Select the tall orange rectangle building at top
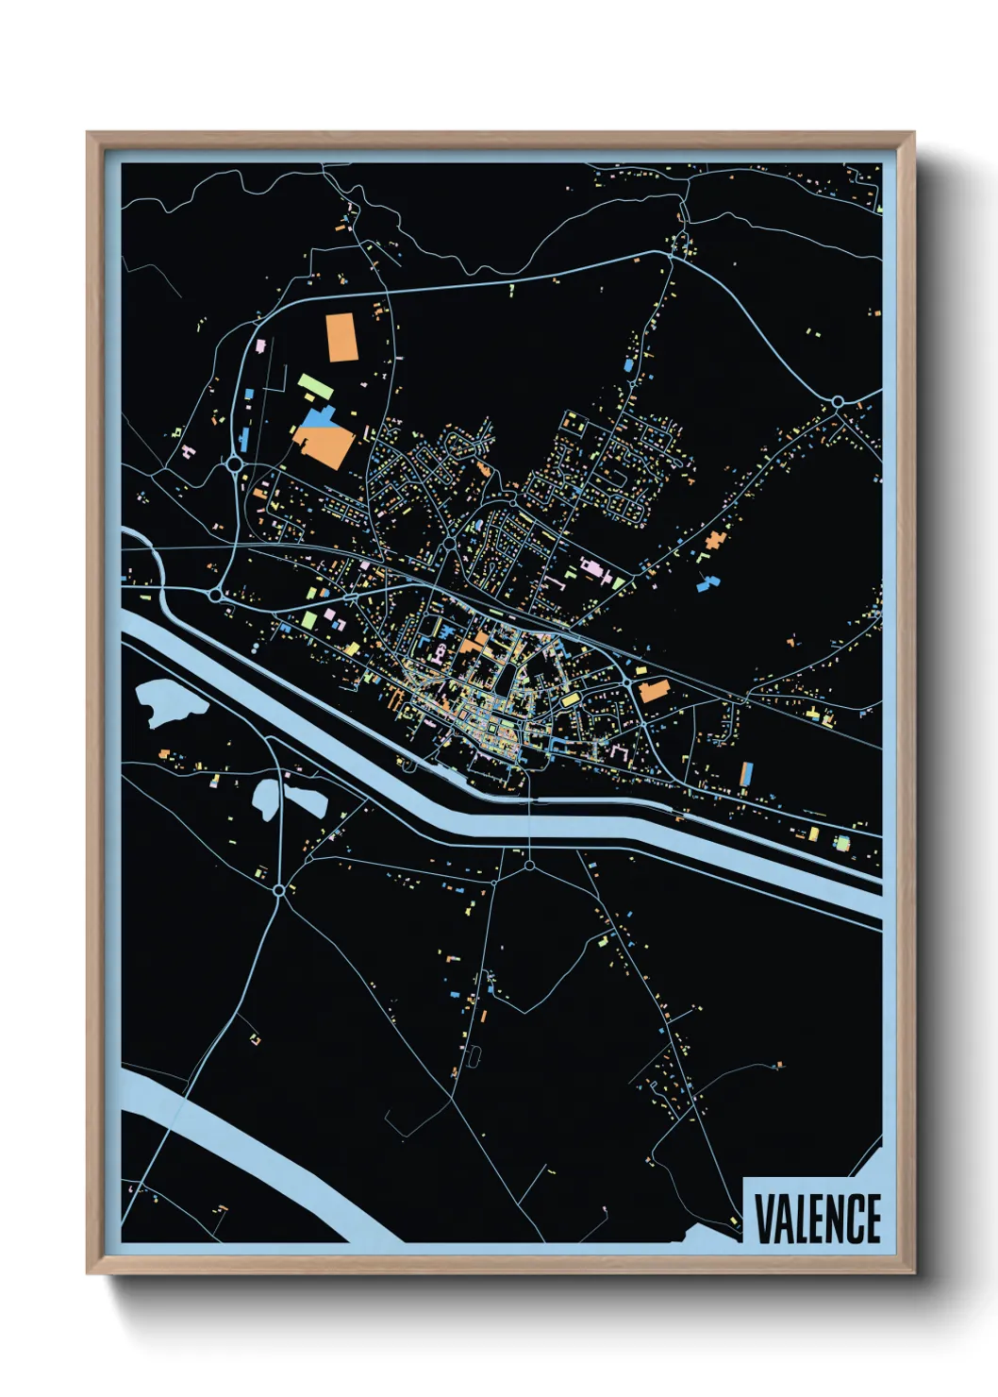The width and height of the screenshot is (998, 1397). point(341,337)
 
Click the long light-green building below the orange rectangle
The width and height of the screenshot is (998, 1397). point(315,386)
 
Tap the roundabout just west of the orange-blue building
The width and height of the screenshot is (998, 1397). point(234,463)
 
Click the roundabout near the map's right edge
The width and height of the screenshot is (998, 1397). point(837,402)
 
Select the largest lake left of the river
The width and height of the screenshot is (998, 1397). point(170,702)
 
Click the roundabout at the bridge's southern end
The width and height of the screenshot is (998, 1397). point(529,865)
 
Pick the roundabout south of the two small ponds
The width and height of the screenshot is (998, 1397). point(278,890)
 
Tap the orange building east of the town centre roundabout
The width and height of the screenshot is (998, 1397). point(654,690)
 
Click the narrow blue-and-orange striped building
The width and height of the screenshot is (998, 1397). point(747,774)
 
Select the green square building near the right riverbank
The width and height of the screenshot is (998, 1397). point(841,842)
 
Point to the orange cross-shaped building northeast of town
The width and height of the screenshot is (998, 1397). point(714,541)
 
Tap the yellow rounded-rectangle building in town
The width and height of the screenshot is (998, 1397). point(570,698)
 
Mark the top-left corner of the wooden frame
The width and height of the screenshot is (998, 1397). point(89,134)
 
